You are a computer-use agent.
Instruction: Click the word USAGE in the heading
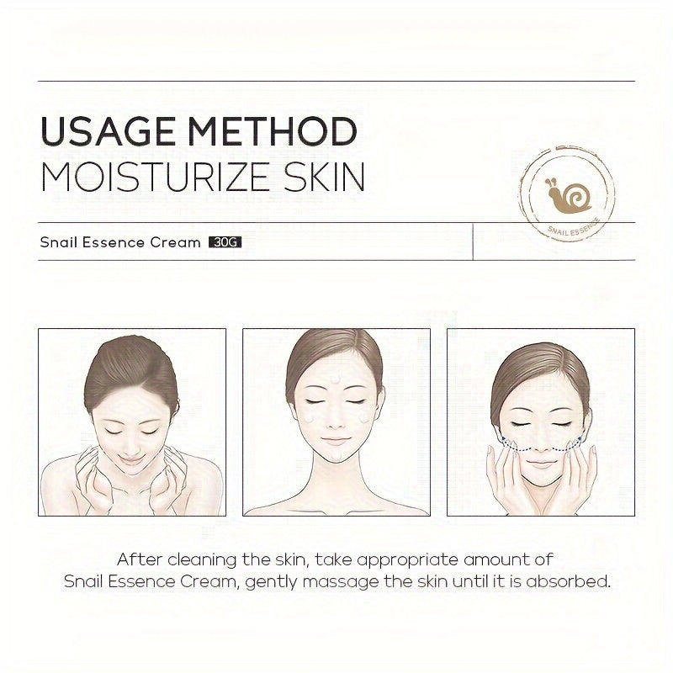(109, 131)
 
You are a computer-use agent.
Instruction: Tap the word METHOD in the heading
(273, 131)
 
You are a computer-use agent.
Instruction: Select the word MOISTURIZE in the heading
(156, 177)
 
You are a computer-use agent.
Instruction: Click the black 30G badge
(225, 242)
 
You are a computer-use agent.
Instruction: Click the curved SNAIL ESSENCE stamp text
(574, 227)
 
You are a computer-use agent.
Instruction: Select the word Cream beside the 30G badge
(176, 242)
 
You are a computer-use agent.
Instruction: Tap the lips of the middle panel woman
(335, 441)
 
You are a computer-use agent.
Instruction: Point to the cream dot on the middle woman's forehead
(334, 379)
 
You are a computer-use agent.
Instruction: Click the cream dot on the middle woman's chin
(336, 455)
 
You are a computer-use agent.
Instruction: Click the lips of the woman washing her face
(131, 460)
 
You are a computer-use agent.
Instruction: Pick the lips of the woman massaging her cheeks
(541, 464)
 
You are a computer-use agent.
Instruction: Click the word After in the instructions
(140, 559)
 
